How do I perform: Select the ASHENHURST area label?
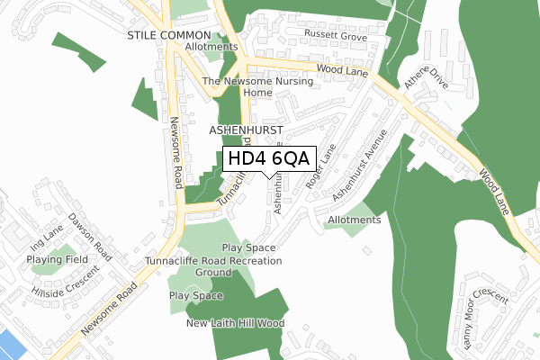coord(246,130)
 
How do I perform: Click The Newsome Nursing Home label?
coord(257,86)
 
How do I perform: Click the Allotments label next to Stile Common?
coord(210,47)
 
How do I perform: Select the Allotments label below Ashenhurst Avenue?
coord(355,220)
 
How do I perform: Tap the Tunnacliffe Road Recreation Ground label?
coord(213,266)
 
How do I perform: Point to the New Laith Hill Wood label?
coord(235,323)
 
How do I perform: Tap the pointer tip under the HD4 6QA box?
coord(270,177)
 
